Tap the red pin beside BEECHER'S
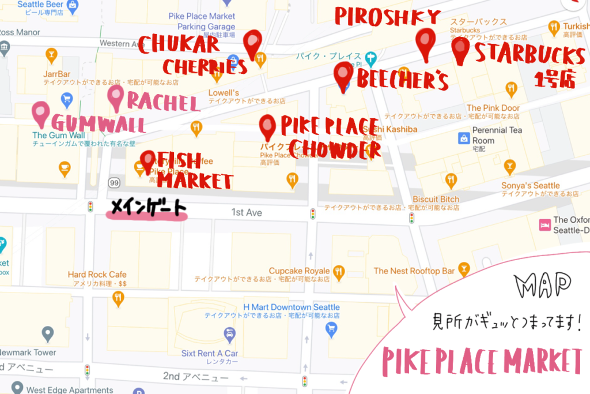pos(343,75)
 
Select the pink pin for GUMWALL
pos(40,112)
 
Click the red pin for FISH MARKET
pos(149,161)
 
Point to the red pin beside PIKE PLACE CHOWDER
pos(267,126)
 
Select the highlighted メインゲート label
pos(147,208)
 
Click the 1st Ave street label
pos(247,213)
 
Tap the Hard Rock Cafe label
pos(97,275)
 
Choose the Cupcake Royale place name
pos(299,271)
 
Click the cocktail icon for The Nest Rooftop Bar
pos(463,270)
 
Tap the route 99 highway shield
pos(114,183)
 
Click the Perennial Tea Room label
pos(497,135)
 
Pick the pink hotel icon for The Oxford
pos(543,224)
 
